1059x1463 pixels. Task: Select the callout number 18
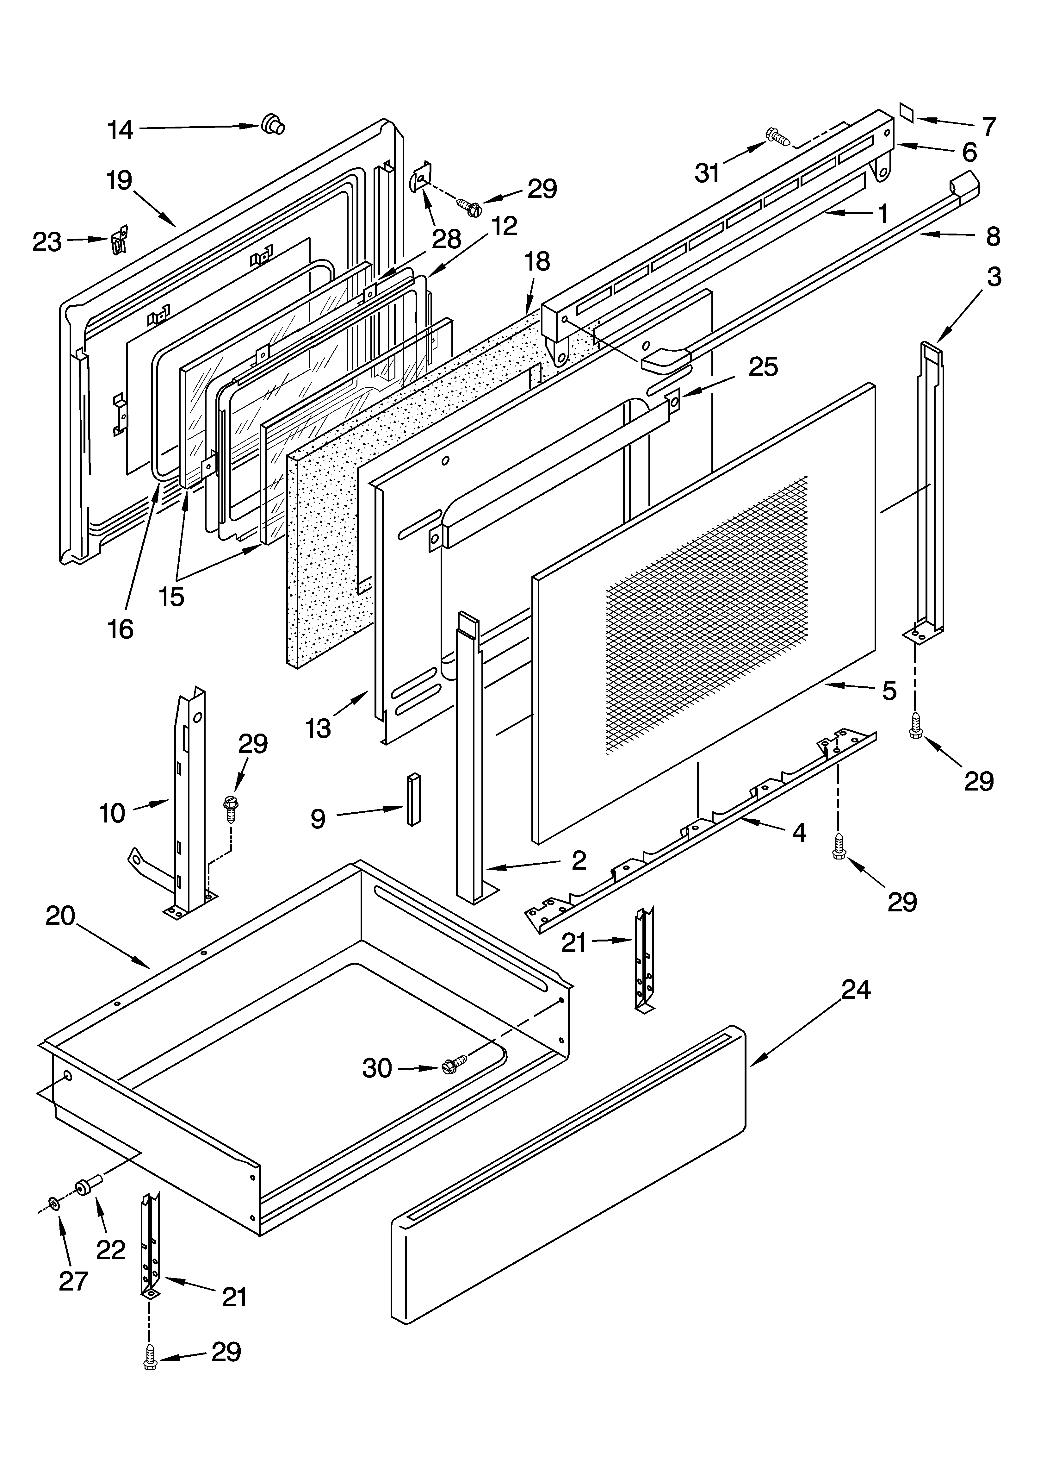[537, 261]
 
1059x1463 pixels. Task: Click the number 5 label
[889, 691]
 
